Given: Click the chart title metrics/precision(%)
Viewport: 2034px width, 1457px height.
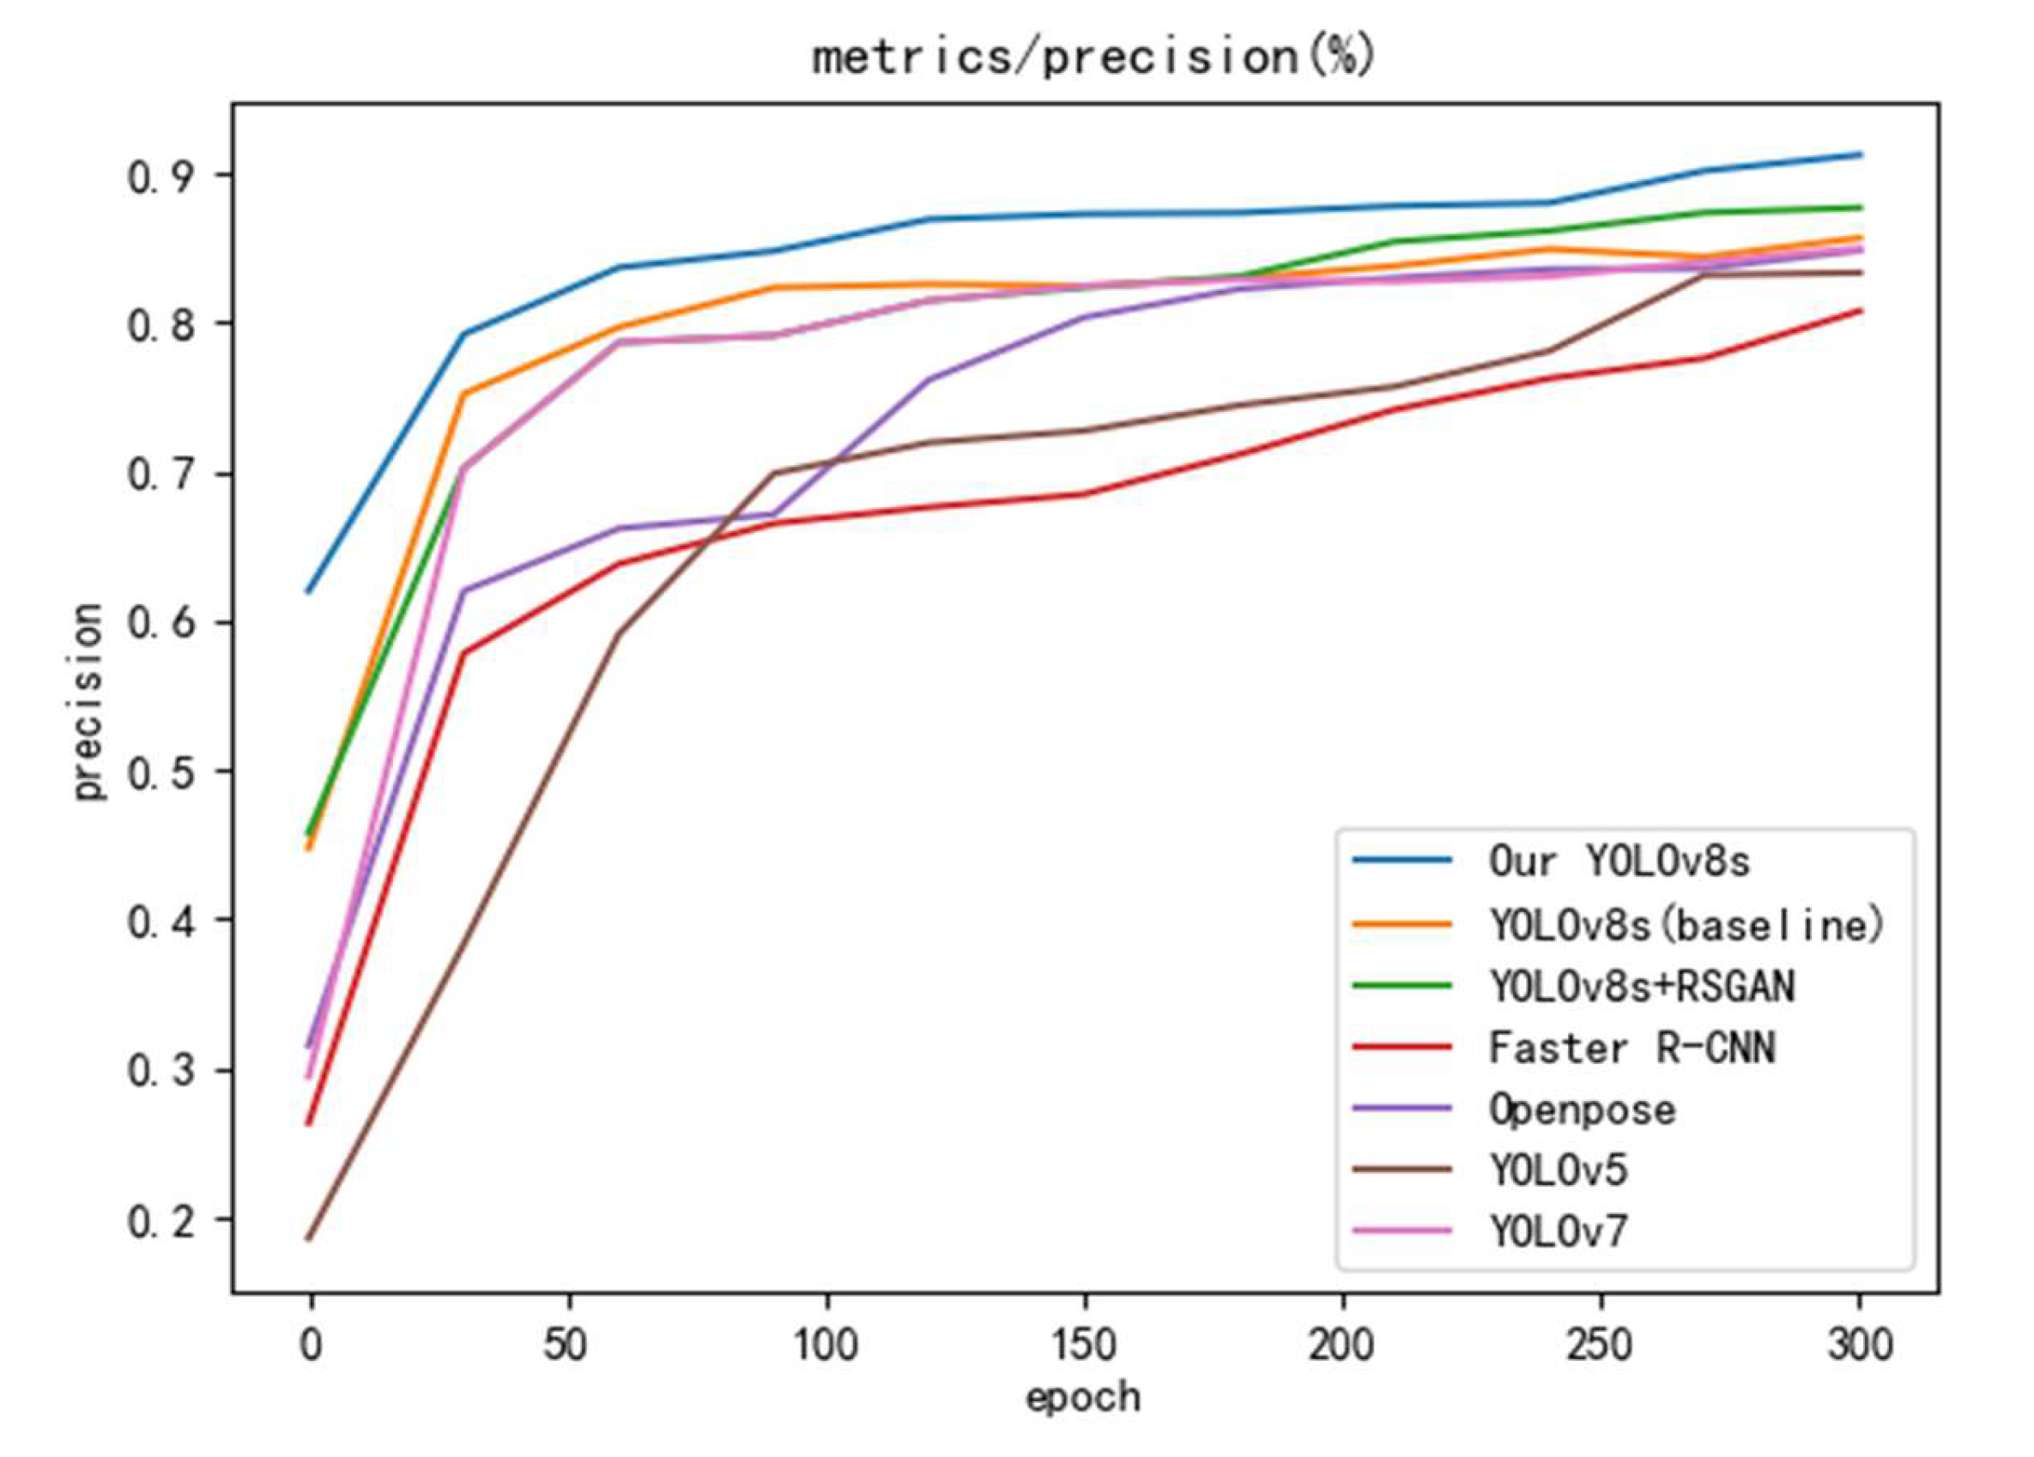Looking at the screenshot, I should point(1093,57).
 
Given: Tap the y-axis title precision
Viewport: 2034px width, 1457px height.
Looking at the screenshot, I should point(87,701).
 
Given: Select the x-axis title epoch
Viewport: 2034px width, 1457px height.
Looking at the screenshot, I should point(1083,1397).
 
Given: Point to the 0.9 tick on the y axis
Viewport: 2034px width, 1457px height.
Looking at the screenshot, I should point(162,177).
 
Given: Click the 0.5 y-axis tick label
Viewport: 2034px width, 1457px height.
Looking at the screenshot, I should point(162,773).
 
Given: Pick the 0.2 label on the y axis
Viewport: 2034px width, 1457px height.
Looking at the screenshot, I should point(162,1221).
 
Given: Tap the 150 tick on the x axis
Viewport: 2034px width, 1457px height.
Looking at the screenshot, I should point(1085,1345).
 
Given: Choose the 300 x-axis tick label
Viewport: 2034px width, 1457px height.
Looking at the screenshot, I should point(1859,1345).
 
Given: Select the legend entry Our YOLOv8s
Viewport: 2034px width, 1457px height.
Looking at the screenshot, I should point(1619,861).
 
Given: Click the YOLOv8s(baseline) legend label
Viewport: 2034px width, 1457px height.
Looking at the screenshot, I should point(1686,924).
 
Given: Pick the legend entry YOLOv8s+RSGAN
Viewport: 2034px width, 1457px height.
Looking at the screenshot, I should point(1641,986).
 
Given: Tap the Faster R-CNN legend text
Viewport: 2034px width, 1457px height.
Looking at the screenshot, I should point(1631,1047).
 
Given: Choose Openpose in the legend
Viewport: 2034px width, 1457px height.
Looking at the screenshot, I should point(1582,1110).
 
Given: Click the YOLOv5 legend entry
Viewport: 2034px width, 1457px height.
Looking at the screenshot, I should point(1558,1170).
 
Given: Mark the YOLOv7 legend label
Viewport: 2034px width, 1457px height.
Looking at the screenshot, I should point(1558,1232).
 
